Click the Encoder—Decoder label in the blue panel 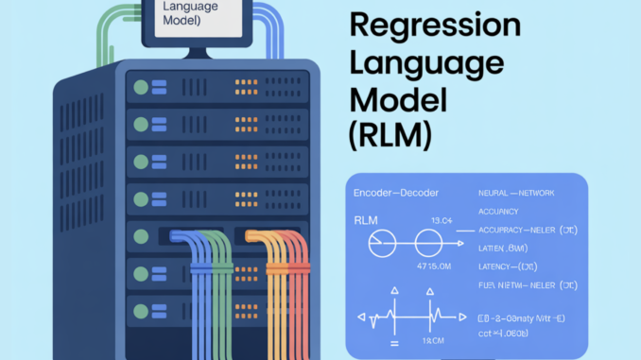click(398, 192)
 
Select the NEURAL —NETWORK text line click(515, 192)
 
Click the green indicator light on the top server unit click(141, 87)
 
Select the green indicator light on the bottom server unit click(141, 308)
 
